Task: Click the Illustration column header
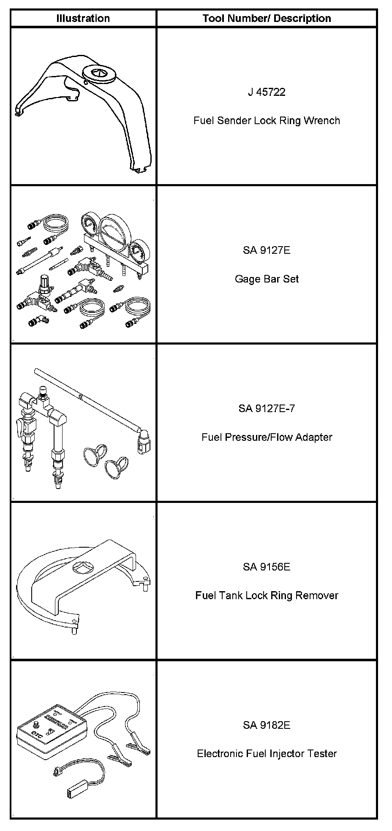[x=83, y=19]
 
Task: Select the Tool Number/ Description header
[x=267, y=19]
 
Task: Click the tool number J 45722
[x=267, y=92]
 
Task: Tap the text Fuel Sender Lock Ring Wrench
[x=267, y=121]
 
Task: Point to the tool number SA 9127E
[x=267, y=250]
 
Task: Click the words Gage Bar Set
[x=267, y=279]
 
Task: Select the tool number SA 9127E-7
[x=267, y=408]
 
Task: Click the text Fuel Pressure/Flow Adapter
[x=267, y=437]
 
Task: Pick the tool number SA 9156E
[x=267, y=567]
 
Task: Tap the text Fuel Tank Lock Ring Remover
[x=267, y=595]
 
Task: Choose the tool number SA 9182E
[x=267, y=725]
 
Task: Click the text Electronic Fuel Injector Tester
[x=267, y=754]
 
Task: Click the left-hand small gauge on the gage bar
[x=89, y=225]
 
